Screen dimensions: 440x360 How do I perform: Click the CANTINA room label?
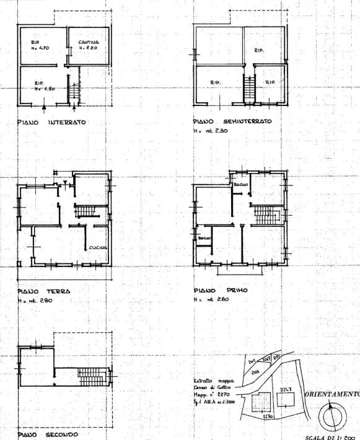tap(89, 42)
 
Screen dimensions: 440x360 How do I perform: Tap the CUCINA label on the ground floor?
tap(98, 247)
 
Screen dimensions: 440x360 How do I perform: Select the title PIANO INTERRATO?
tap(51, 122)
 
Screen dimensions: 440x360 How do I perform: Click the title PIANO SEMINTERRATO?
tap(230, 122)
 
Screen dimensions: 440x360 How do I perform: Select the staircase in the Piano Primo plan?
tap(267, 216)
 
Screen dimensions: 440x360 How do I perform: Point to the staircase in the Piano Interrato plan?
tap(72, 92)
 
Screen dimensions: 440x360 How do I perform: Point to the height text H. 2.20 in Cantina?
tap(89, 48)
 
